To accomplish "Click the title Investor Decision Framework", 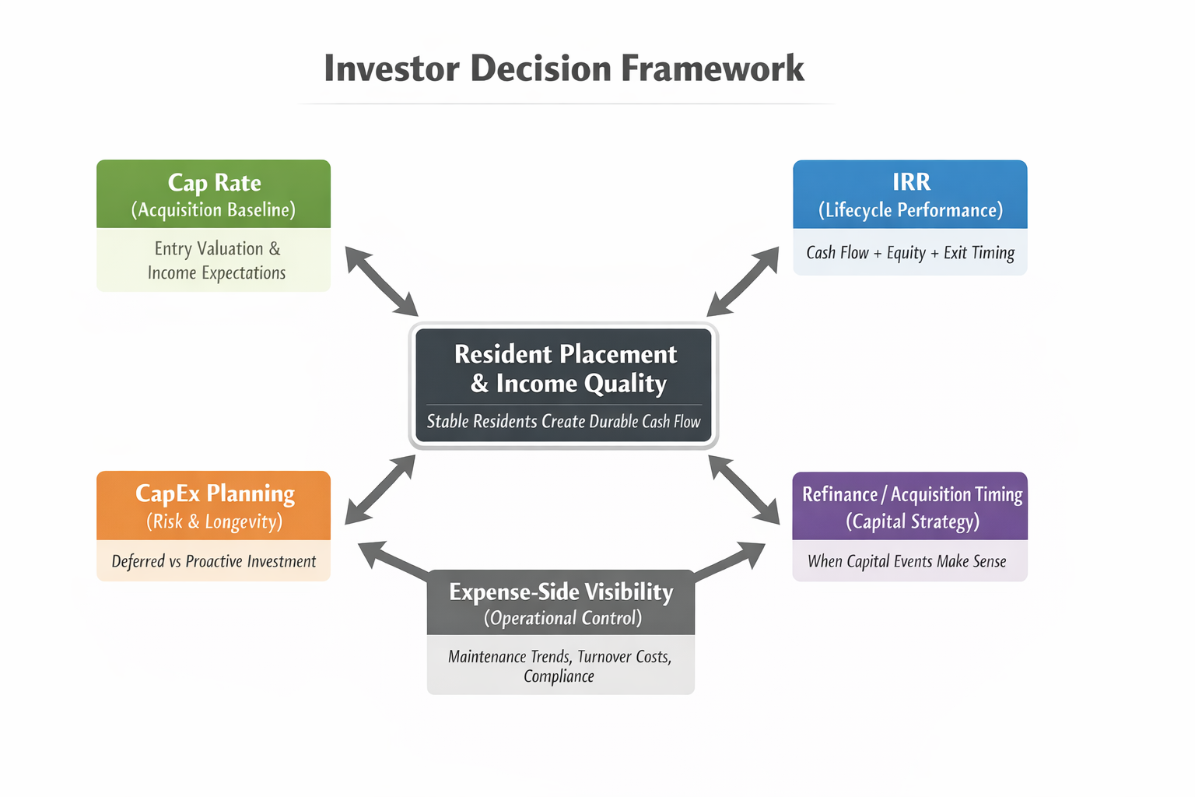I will pos(563,68).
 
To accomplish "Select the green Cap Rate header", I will pos(213,194).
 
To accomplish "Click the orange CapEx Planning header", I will pos(213,505).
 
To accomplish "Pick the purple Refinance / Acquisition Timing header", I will pos(910,506).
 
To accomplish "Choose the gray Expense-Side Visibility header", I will pos(560,602).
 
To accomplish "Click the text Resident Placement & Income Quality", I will pos(565,368).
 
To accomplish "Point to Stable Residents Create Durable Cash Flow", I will pos(563,422).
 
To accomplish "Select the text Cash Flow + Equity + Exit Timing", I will pos(910,253).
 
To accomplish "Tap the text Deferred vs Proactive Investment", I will pos(213,561).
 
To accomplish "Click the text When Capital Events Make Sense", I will pos(907,561).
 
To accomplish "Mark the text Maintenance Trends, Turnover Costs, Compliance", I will pos(559,666).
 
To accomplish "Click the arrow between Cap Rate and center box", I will pos(381,281).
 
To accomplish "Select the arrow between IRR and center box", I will pos(743,281).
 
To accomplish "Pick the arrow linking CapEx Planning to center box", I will pos(380,490).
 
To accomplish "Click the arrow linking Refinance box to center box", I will pos(745,490).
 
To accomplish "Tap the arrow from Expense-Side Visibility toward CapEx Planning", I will pos(393,560).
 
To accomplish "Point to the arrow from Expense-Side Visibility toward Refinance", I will pos(729,560).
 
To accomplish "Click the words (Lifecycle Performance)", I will pos(910,210).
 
